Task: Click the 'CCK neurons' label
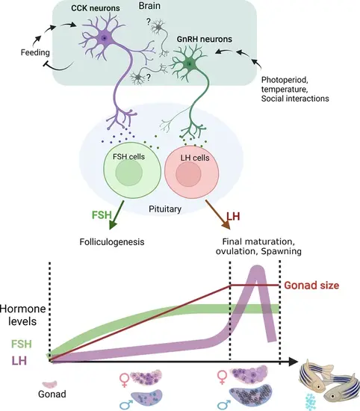pos(96,8)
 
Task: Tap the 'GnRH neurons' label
pos(205,40)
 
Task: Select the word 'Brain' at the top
pos(149,6)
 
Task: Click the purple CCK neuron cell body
pos(105,39)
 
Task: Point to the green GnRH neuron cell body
pos(190,64)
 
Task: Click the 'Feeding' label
pos(35,52)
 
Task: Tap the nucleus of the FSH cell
pos(129,173)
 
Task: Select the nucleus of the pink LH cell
pos(188,174)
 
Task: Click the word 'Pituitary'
pos(165,209)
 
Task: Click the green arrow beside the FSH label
pos(117,215)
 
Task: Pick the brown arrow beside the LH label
pos(218,214)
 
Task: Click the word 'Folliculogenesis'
pos(112,241)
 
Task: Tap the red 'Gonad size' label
pos(311,285)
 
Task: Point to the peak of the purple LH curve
pos(256,268)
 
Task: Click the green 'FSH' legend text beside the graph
pos(21,344)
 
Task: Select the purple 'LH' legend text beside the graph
pos(19,361)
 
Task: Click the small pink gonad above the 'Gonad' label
pos(50,384)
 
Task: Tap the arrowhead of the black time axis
pos(294,362)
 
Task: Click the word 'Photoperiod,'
pos(285,80)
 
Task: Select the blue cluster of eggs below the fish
pos(311,402)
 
